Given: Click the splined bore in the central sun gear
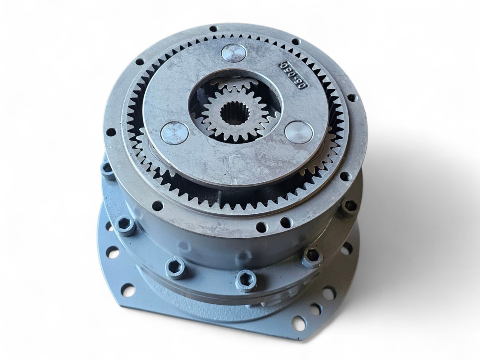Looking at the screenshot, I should pos(232,113).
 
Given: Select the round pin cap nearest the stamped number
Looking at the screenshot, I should pos(233,52).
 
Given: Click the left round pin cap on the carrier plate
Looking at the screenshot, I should pos(174,133).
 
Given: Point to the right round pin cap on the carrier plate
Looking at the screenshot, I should pos(299,132).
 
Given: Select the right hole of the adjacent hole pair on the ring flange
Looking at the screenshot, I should pos(285,223).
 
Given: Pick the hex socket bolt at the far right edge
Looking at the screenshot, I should pos(349,206).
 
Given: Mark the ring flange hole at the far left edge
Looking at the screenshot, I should pos(111,132).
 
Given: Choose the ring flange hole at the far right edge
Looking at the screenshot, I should pos(352,98).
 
